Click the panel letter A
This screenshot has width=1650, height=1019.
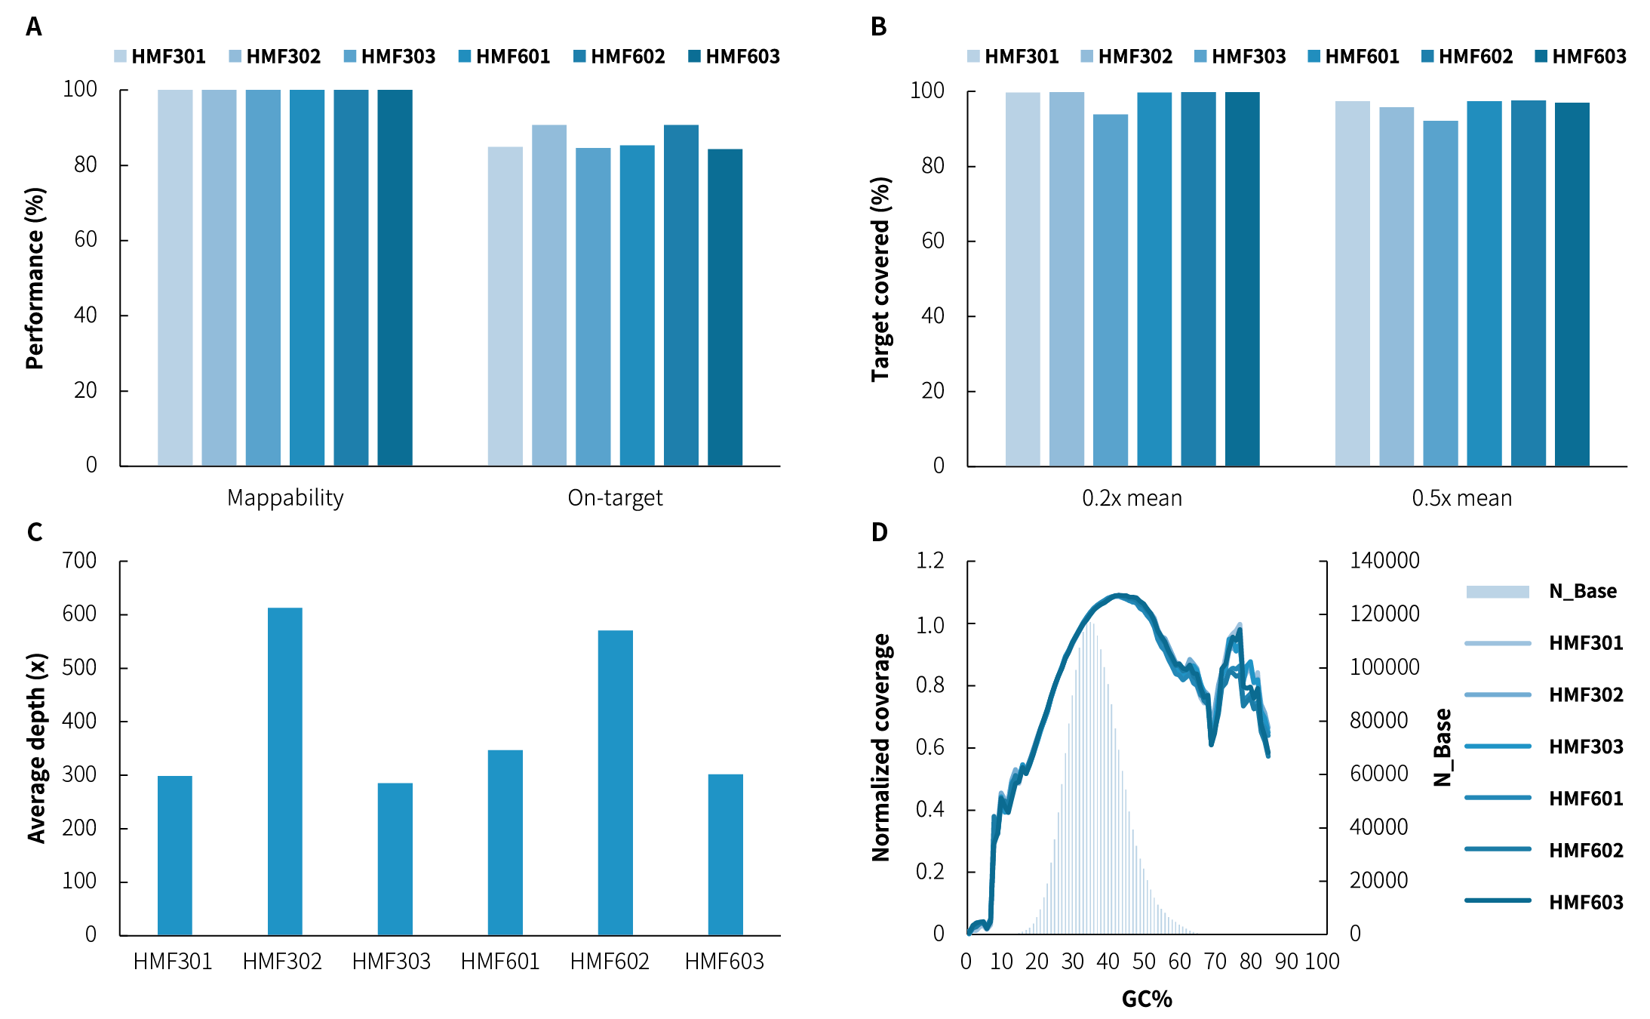point(34,27)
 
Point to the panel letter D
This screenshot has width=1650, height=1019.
point(879,533)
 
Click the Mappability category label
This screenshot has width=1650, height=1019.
point(285,498)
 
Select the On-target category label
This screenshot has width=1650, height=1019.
point(615,498)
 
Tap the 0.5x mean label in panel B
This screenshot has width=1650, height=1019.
point(1461,499)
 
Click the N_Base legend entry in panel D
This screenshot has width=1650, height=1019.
point(1582,591)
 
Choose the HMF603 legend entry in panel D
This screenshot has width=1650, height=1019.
point(1585,902)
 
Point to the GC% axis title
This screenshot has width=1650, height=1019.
point(1147,999)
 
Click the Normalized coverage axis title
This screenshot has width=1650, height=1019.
point(880,747)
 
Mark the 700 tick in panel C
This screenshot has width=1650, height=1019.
point(79,561)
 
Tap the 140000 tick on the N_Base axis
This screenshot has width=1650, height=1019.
point(1384,561)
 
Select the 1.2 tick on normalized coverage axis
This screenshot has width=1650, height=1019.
point(929,561)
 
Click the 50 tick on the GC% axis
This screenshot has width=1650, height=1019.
point(1144,962)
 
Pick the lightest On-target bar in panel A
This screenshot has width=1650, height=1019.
point(505,306)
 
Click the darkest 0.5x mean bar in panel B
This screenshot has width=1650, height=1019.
point(1572,284)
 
